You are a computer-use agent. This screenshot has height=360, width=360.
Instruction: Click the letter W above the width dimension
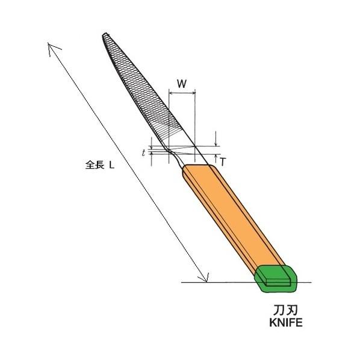point(182,84)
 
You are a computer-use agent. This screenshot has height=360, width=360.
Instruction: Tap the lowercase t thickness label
point(144,153)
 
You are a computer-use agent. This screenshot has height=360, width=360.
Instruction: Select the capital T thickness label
point(223,162)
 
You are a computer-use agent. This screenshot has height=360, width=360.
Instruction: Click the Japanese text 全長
point(95,164)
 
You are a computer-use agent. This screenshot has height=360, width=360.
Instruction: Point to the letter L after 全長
point(111,165)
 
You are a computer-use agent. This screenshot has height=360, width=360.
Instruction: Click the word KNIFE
point(285,323)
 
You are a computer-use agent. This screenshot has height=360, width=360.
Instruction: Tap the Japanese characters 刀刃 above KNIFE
point(285,311)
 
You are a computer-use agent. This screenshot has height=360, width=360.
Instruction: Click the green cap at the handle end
point(276,278)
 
